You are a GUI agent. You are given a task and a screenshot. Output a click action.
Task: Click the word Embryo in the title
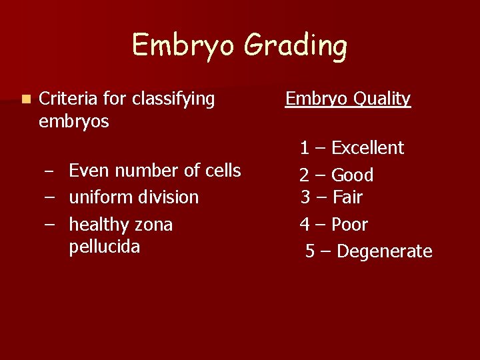click(x=184, y=46)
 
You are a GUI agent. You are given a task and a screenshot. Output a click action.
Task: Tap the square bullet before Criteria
click(x=25, y=99)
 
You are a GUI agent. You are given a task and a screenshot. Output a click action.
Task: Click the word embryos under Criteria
click(x=74, y=122)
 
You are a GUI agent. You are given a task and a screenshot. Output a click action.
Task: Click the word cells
click(x=222, y=171)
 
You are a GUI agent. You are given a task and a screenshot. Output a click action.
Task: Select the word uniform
click(x=97, y=197)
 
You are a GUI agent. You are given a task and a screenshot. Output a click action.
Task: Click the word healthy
click(x=98, y=225)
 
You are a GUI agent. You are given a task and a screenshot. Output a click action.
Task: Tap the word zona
click(x=153, y=225)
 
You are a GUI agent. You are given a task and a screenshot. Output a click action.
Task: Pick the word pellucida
click(x=104, y=247)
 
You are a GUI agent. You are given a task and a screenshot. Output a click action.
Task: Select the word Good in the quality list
click(x=352, y=175)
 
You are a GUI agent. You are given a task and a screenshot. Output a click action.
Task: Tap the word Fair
click(x=347, y=197)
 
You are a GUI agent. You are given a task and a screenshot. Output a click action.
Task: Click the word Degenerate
click(x=385, y=251)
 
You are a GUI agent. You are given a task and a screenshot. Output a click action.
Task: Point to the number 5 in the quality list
click(x=310, y=251)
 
